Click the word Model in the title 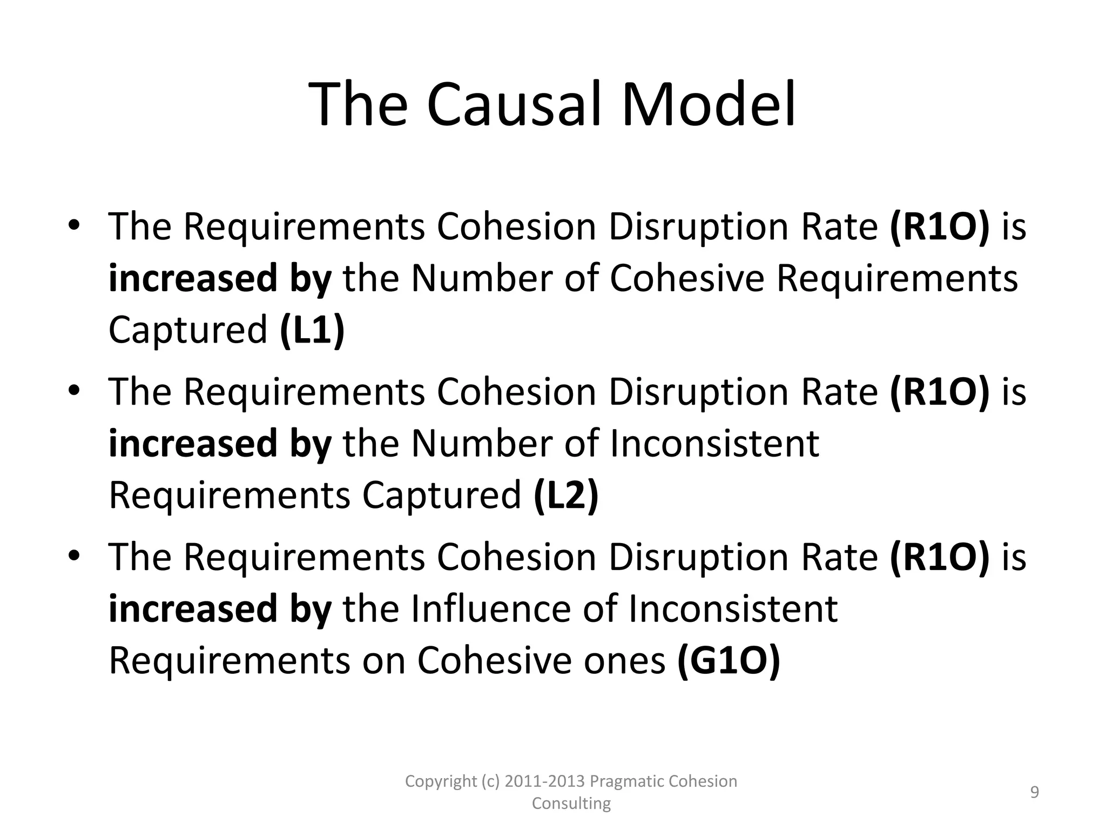coord(709,104)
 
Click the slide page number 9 coord(1035,792)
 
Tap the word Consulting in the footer coord(571,804)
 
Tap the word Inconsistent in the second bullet coord(714,444)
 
